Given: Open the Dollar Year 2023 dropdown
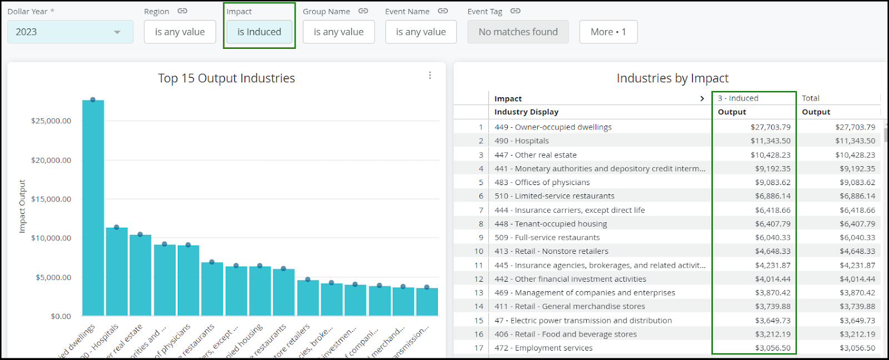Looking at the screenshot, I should point(70,32).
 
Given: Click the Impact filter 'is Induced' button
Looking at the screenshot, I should point(259,32).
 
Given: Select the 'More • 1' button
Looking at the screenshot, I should point(608,32).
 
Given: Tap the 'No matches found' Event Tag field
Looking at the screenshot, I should point(518,32).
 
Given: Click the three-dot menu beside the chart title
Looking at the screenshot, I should point(430,76).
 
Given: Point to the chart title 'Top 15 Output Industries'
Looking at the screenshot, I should point(226,78).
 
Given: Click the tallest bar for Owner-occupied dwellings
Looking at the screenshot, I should point(93,208).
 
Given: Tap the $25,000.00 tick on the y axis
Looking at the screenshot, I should point(51,121).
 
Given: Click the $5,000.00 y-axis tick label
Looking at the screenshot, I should point(53,277).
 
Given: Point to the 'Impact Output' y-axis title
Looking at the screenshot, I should point(22,206).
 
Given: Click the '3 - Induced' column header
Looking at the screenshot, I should point(738,98).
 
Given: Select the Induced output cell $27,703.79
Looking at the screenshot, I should point(770,127).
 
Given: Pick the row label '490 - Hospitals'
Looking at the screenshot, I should point(522,141).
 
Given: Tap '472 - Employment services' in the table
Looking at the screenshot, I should point(543,348).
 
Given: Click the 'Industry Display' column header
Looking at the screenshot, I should point(526,112).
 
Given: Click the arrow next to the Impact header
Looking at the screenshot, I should point(702,98).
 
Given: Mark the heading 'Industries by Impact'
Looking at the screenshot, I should point(672,78).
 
